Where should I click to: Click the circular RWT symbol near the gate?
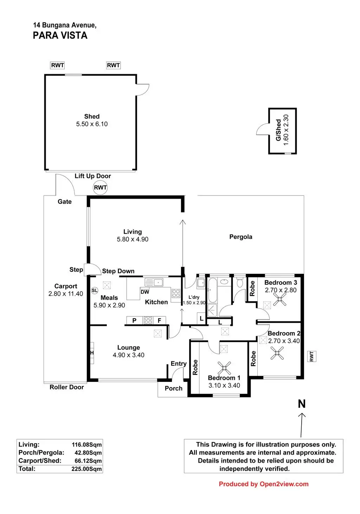coord(100,187)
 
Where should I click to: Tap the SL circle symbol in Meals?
coord(94,290)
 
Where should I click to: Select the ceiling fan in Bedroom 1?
coord(224,368)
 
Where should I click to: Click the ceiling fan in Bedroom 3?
coord(280,300)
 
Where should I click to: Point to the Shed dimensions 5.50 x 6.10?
coord(92,124)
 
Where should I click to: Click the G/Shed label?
coord(278,130)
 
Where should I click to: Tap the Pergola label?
coord(241,237)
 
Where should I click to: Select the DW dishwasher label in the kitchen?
coord(145,292)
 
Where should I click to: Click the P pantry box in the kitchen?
coord(134,320)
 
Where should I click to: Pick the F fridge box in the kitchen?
coord(160,320)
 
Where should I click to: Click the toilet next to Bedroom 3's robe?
coord(240,282)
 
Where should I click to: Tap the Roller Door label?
coord(66,387)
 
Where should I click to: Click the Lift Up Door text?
coord(93,176)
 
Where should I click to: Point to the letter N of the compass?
coord(302,404)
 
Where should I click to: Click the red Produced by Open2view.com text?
coord(264,484)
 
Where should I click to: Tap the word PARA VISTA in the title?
coord(60,36)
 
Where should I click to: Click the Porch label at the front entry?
coord(174,388)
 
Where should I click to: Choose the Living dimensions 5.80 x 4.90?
coord(133,239)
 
